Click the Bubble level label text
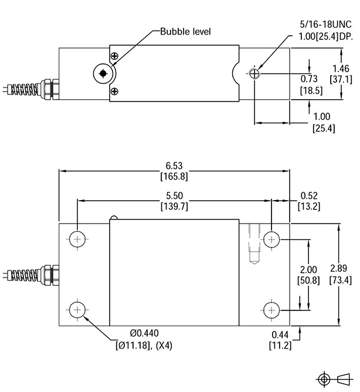pyautogui.click(x=185, y=31)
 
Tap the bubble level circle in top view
pyautogui.click(x=103, y=73)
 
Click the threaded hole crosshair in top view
pyautogui.click(x=254, y=73)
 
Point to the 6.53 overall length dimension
pyautogui.click(x=174, y=166)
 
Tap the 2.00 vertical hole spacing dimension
pyautogui.click(x=308, y=269)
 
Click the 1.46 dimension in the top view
pyautogui.click(x=340, y=68)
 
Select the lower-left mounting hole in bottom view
pyautogui.click(x=77, y=309)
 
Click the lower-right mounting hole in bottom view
pyautogui.click(x=271, y=309)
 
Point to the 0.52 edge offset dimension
pyautogui.click(x=309, y=195)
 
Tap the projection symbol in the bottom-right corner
pyautogui.click(x=335, y=378)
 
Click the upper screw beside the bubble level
pyautogui.click(x=114, y=56)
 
